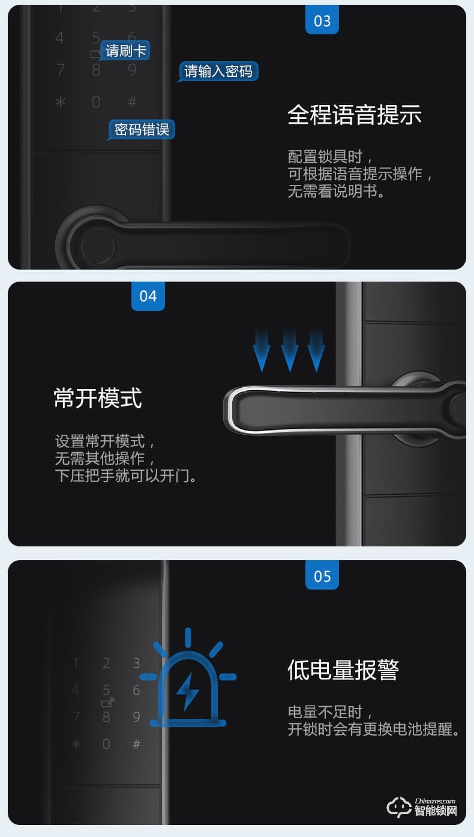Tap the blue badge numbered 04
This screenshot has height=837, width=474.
point(148,297)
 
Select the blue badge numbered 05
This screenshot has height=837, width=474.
point(322,575)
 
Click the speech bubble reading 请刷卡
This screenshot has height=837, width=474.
point(125,50)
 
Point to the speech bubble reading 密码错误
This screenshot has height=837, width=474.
point(142,129)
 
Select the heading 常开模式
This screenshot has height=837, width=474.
point(98,398)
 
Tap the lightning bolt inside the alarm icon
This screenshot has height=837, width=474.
point(188,691)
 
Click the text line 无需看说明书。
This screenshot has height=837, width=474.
point(336,192)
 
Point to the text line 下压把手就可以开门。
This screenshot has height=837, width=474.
point(126,476)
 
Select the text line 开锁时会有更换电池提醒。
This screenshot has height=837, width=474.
point(374,730)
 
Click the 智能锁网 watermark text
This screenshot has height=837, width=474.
point(435,810)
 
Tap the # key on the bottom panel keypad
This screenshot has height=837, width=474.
point(137,744)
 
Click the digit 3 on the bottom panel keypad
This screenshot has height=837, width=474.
point(137,663)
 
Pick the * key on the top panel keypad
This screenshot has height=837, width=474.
point(61,102)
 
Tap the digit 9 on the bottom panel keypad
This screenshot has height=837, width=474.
point(137,717)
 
